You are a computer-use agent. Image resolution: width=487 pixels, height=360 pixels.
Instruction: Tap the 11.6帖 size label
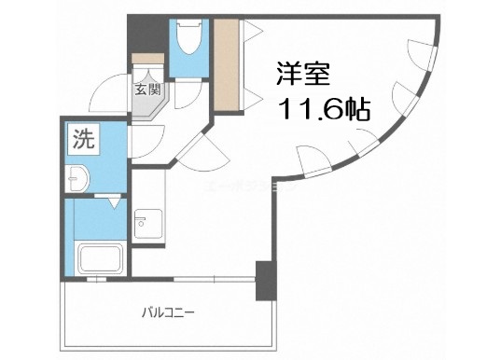click(x=322, y=108)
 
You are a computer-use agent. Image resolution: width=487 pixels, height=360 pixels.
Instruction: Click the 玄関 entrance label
click(x=146, y=90)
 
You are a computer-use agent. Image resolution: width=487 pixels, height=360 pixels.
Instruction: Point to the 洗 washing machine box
click(x=82, y=144)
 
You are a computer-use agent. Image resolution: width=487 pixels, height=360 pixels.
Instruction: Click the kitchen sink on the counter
click(x=143, y=223)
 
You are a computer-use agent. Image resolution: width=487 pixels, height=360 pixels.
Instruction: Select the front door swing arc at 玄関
click(x=109, y=89)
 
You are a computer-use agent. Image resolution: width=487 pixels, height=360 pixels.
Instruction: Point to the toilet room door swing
click(x=187, y=94)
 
